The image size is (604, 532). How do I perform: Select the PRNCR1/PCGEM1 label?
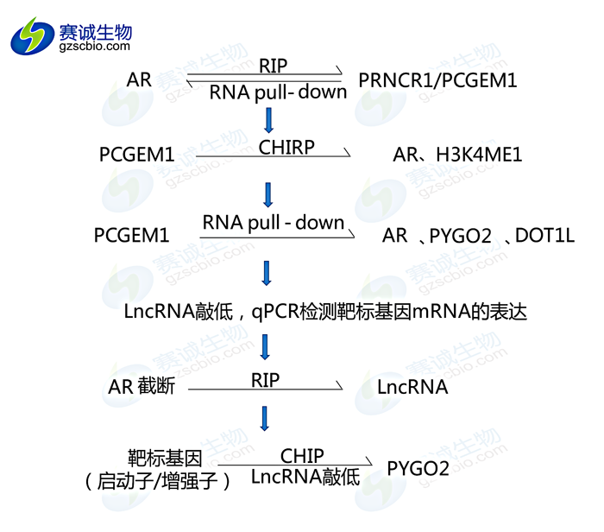(x=437, y=80)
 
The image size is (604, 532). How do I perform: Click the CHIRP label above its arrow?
(x=286, y=146)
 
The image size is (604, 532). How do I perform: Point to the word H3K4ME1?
(x=479, y=155)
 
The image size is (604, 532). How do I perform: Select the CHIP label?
(x=302, y=455)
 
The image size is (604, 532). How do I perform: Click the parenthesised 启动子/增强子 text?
(x=158, y=480)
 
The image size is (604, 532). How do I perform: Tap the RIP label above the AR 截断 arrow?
(x=266, y=378)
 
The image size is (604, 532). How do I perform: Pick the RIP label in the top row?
(x=273, y=66)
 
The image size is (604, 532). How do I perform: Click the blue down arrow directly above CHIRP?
(x=270, y=118)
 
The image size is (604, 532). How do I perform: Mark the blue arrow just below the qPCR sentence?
(x=266, y=346)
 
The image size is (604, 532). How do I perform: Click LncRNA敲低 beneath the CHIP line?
(x=305, y=477)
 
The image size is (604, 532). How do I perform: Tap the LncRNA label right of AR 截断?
(x=412, y=387)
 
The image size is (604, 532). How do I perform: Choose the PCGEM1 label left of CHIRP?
(x=136, y=155)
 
